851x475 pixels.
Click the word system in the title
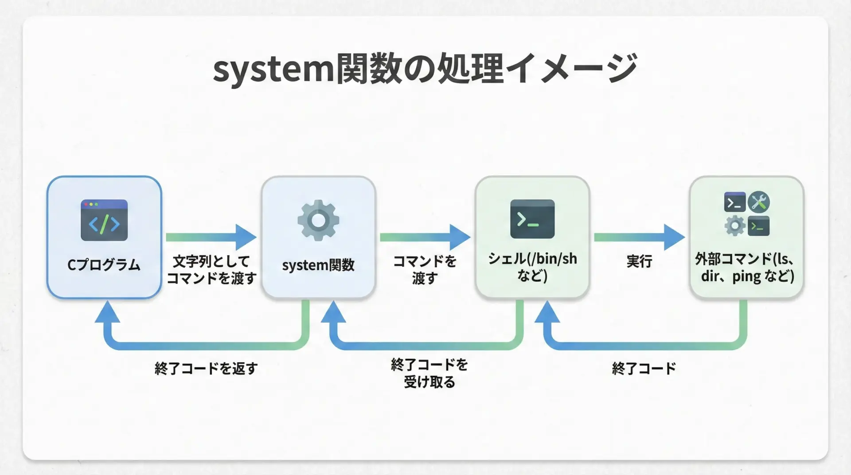tap(273, 70)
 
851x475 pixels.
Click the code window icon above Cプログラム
tap(104, 220)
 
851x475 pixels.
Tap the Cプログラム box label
tap(104, 265)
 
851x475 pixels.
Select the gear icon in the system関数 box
tap(318, 220)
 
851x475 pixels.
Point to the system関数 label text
tap(318, 265)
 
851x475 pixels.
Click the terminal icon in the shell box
tap(532, 219)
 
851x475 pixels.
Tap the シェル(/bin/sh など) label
tap(532, 267)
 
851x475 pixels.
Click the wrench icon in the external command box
tap(758, 202)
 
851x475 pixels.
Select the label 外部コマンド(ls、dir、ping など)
tap(746, 267)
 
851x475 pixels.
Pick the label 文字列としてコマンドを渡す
tap(211, 269)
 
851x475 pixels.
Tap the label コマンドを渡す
tap(425, 269)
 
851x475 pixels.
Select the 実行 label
tap(639, 261)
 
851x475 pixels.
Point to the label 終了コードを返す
tap(206, 368)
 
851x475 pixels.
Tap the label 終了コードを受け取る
tap(429, 373)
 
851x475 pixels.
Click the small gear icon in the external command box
tap(734, 226)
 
